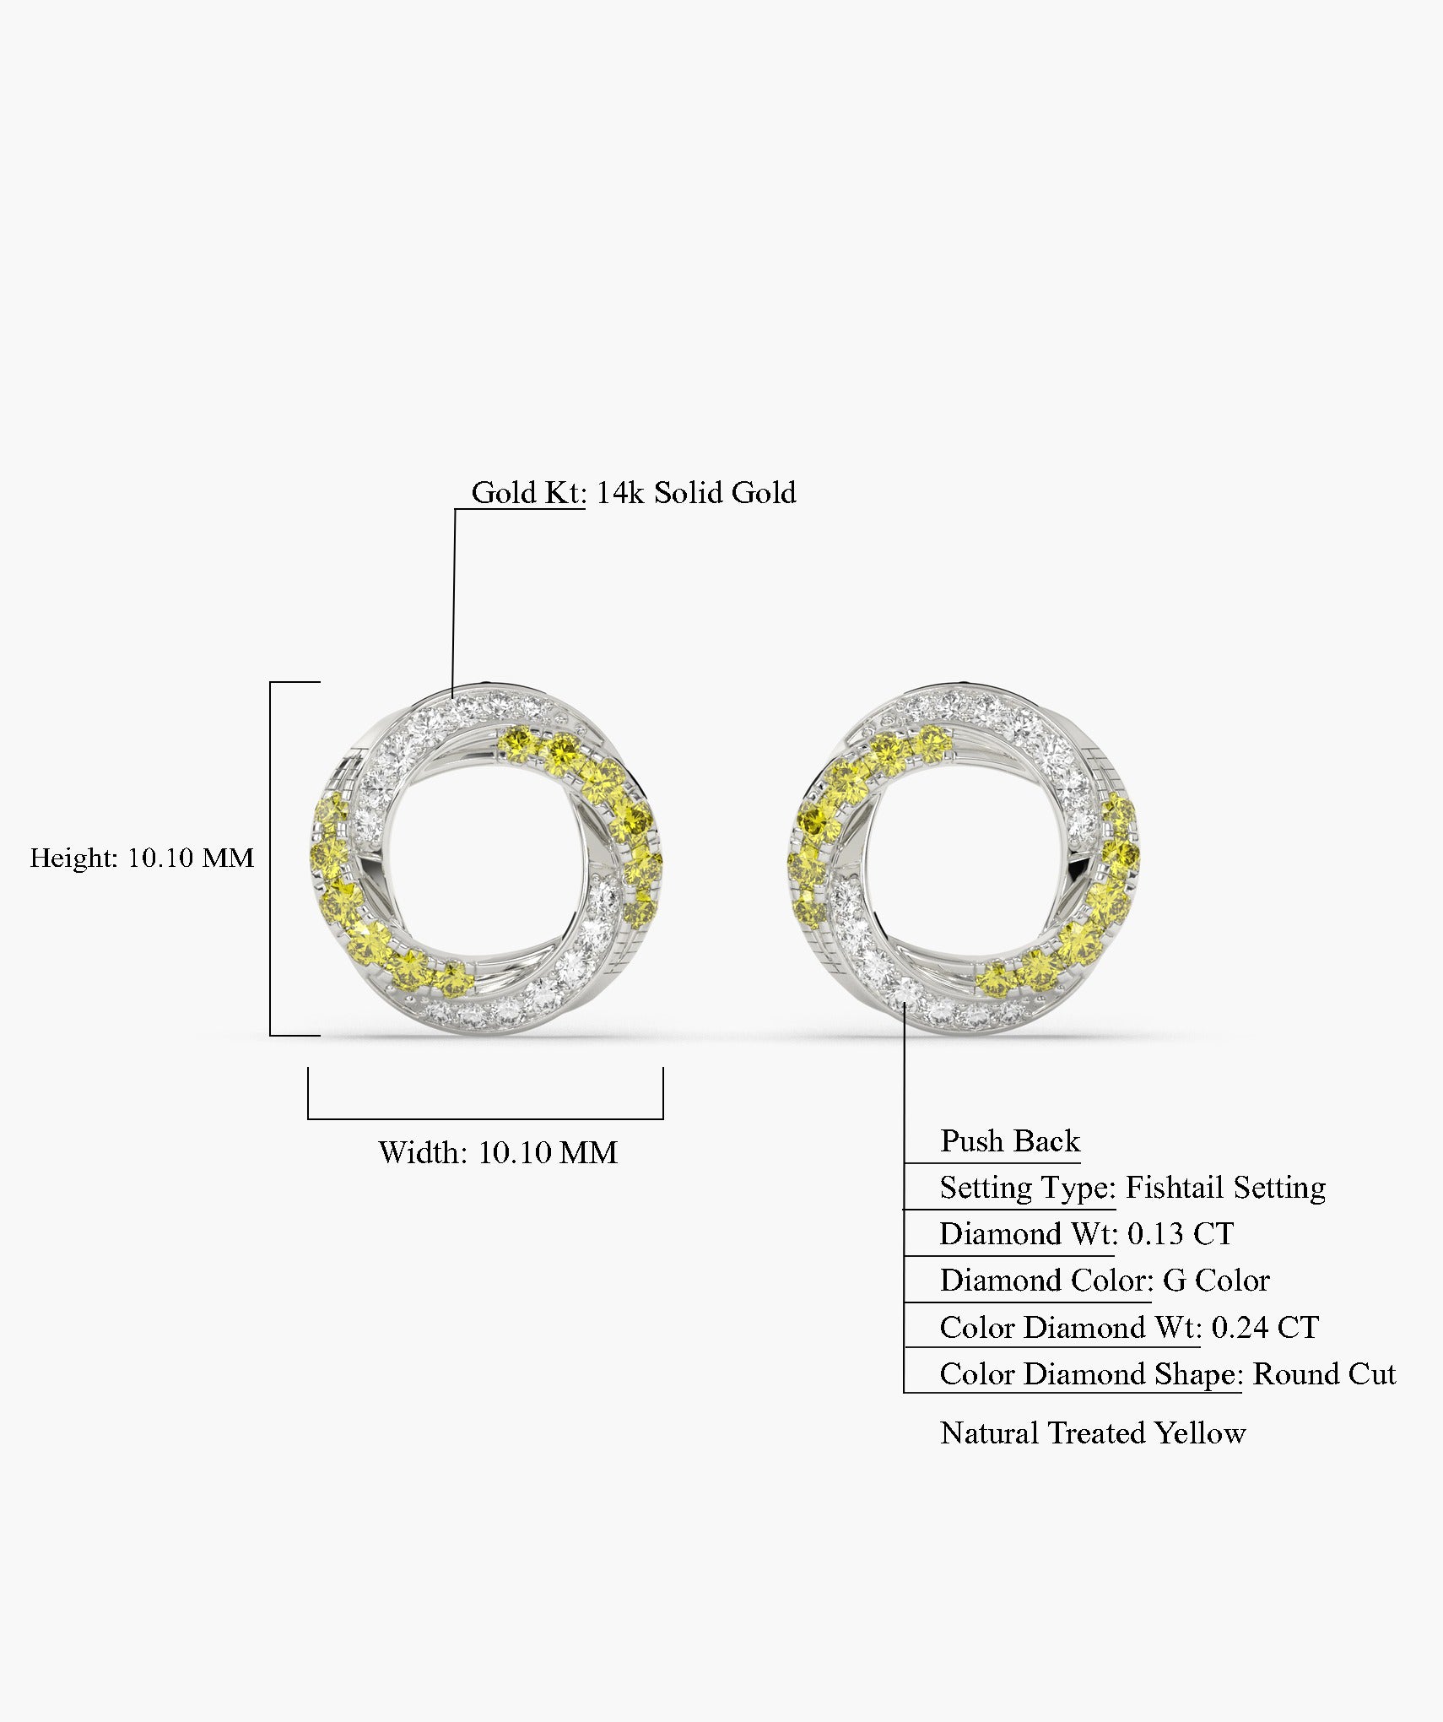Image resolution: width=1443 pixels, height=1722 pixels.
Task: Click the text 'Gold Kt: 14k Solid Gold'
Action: pyautogui.click(x=633, y=492)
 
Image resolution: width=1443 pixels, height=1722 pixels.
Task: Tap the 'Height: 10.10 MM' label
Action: pyautogui.click(x=142, y=858)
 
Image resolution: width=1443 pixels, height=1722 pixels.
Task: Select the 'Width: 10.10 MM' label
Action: pyautogui.click(x=498, y=1152)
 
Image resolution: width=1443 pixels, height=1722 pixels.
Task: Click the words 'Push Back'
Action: pyautogui.click(x=1010, y=1141)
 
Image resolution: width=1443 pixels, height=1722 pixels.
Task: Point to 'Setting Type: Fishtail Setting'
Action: pyautogui.click(x=1132, y=1188)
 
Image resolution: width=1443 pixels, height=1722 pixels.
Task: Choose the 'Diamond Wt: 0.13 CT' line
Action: pyautogui.click(x=1087, y=1234)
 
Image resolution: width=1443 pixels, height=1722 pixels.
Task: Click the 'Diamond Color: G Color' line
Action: pyautogui.click(x=1105, y=1281)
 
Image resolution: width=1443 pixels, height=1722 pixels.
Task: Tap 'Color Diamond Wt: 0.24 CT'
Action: pyautogui.click(x=1129, y=1328)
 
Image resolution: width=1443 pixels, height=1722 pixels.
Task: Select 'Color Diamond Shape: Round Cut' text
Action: pyautogui.click(x=1168, y=1374)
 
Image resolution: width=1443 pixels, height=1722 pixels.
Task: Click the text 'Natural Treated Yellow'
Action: pyautogui.click(x=1093, y=1433)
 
